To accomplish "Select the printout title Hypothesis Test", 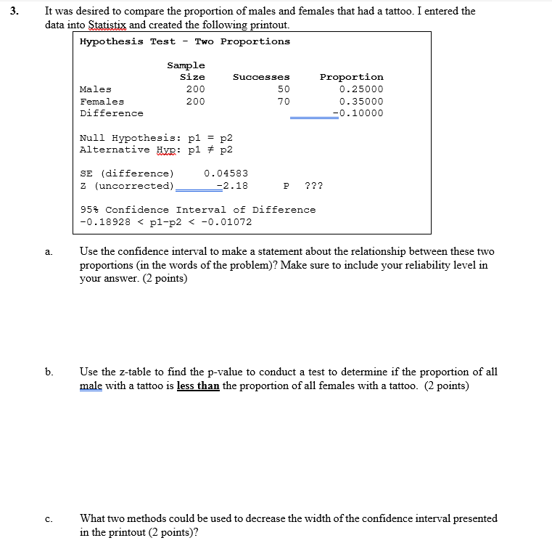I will click(128, 41).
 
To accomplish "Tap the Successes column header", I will click(261, 77).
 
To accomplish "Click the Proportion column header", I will click(351, 77).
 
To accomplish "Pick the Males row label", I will click(96, 89).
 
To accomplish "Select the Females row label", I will click(102, 102).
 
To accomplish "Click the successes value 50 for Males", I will click(283, 89).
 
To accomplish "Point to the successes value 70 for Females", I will click(283, 102).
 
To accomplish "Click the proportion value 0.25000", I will click(361, 89).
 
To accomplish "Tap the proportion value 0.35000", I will click(361, 102).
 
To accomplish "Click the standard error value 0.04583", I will click(226, 174).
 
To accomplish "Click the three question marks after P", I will click(313, 186).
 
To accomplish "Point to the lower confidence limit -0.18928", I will click(104, 222).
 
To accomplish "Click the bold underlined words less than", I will click(198, 385).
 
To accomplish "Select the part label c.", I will click(48, 519).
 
